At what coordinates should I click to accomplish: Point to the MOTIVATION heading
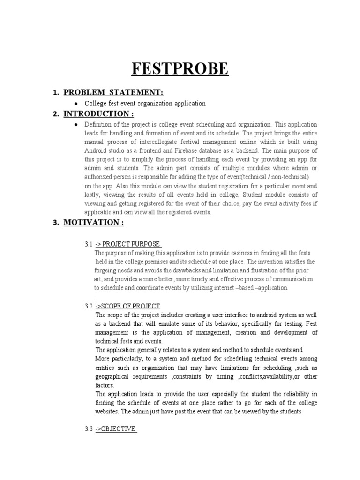(x=94, y=223)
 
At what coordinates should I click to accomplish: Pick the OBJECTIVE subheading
(x=116, y=429)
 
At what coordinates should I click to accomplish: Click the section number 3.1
(x=89, y=244)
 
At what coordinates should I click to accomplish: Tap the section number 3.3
(x=89, y=429)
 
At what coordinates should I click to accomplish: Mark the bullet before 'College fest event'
(x=76, y=103)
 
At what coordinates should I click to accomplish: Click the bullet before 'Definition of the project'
(x=76, y=125)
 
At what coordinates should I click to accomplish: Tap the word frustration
(x=266, y=270)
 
